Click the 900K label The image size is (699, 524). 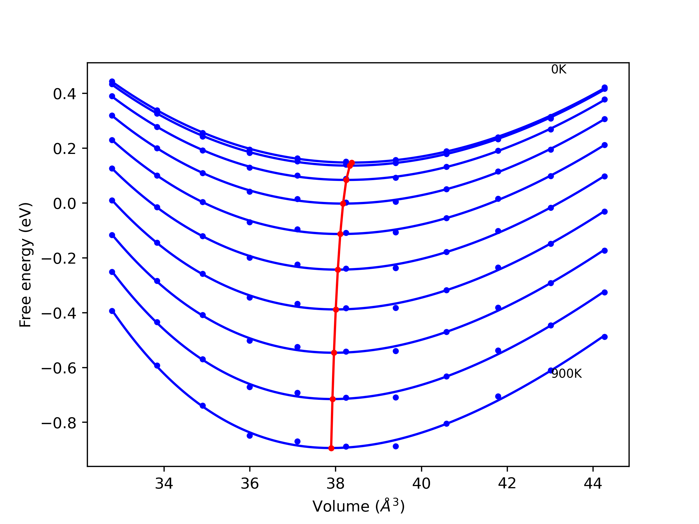pos(566,374)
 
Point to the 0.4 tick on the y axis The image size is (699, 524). pos(64,94)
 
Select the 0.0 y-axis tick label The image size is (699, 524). pos(64,204)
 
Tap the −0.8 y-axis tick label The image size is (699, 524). pos(59,423)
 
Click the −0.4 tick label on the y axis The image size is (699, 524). pos(59,313)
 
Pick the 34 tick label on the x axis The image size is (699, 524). pos(164,484)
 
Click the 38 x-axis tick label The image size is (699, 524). pos(336,484)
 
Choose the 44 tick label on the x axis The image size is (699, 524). pos(593,484)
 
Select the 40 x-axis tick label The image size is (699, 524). pos(421,484)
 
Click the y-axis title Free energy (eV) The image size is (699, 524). pos(25,265)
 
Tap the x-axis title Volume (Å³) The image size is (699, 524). pos(358,506)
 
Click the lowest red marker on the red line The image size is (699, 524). pos(331,448)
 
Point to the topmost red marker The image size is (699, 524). pos(352,163)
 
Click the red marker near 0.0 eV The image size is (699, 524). pos(343,204)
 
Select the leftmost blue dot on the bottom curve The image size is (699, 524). pos(112,311)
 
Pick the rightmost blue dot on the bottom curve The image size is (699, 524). pos(605,337)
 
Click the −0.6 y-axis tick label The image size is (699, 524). pos(59,368)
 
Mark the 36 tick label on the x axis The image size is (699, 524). pos(250,484)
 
